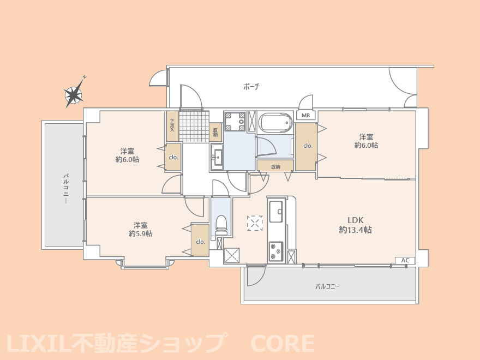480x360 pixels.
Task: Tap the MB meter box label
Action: tap(306, 116)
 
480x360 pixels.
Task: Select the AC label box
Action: tap(405, 260)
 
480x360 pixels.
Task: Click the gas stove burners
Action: tap(276, 251)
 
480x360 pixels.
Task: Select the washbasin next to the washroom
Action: tap(217, 157)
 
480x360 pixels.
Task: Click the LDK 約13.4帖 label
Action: tap(355, 225)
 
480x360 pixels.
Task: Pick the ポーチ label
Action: tap(251, 87)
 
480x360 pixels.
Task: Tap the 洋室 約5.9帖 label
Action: tap(141, 229)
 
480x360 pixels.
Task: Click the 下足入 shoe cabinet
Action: tap(172, 126)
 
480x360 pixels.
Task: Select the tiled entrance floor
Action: tap(194, 126)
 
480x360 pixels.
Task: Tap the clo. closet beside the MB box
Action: tap(306, 146)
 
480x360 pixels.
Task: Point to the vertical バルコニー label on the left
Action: tap(65, 189)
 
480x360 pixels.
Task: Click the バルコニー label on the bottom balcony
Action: tap(327, 287)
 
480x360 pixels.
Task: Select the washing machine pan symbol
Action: tap(235, 122)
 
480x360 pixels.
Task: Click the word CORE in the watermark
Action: tap(283, 344)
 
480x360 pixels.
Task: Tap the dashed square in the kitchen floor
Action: tap(255, 223)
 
